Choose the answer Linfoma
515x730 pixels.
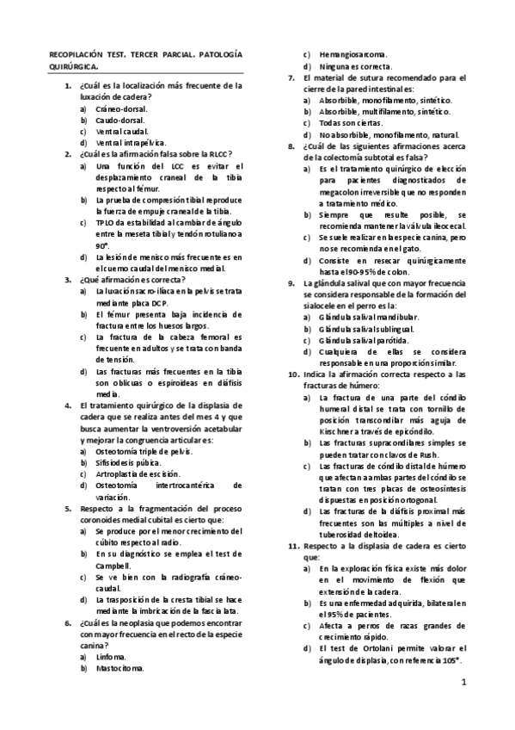(111, 655)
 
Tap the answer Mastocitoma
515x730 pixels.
(120, 666)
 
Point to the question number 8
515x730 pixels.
(292, 145)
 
